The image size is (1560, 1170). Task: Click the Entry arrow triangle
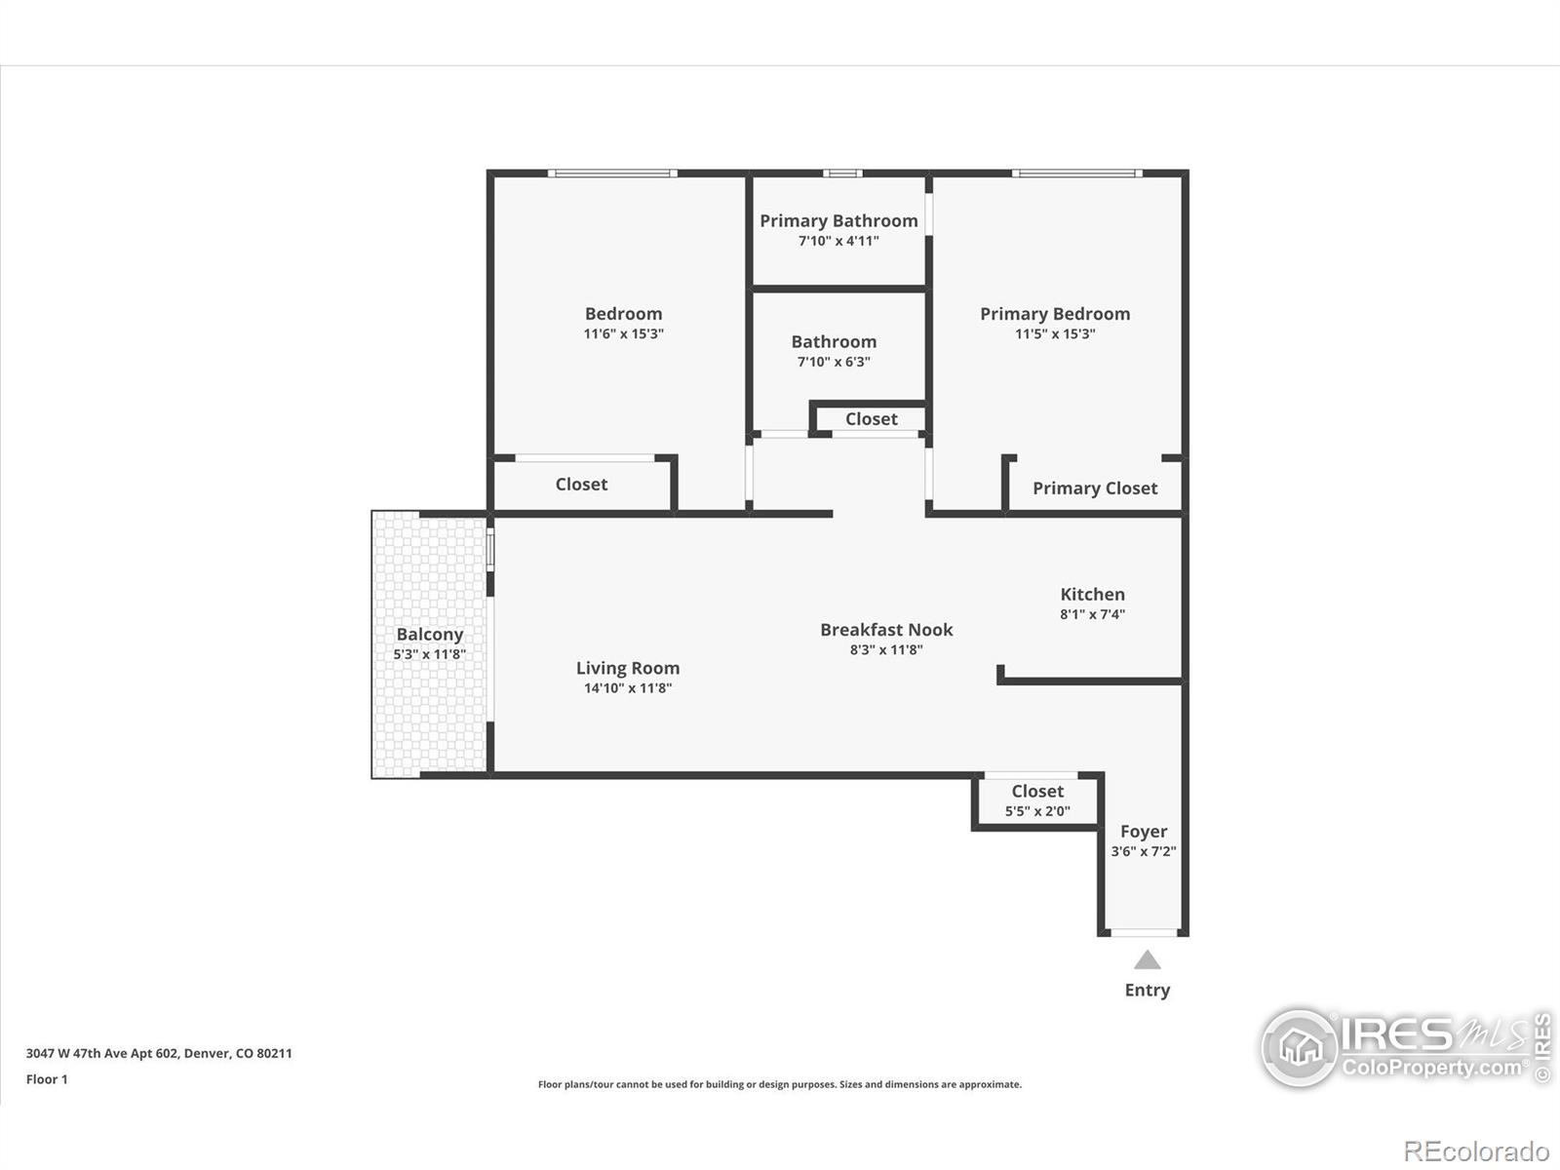pos(1148,960)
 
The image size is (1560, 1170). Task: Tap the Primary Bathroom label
pos(838,220)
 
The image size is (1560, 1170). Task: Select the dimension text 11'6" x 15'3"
pos(623,333)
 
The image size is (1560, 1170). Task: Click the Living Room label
pos(627,668)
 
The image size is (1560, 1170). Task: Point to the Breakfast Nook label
pos(886,630)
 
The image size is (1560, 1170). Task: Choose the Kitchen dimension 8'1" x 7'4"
pos(1092,614)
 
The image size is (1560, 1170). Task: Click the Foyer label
pos(1143,832)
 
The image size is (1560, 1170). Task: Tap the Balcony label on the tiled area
pos(429,634)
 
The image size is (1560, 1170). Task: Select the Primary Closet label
pos(1095,488)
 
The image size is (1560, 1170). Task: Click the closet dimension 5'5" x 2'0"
pos(1037,811)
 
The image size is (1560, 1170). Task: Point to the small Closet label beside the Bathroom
pos(871,419)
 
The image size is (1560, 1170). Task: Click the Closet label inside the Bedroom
pos(581,485)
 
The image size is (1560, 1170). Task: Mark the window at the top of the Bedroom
pos(611,174)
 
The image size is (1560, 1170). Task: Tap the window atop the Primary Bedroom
pos(1076,174)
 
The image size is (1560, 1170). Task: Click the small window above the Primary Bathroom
pos(842,174)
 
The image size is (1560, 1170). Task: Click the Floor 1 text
pos(47,1079)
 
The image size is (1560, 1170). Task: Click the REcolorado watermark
pos(1476,1151)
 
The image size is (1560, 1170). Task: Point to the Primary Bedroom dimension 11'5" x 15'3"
pos(1055,333)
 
